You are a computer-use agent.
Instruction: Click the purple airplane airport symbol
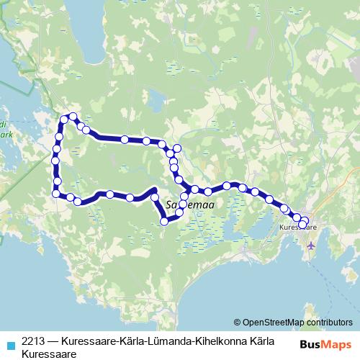pyautogui.click(x=311, y=245)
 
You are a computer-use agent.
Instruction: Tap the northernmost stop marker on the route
pyautogui.click(x=72, y=117)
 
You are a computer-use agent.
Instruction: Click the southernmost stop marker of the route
pyautogui.click(x=164, y=222)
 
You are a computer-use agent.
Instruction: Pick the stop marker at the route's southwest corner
pyautogui.click(x=55, y=192)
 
